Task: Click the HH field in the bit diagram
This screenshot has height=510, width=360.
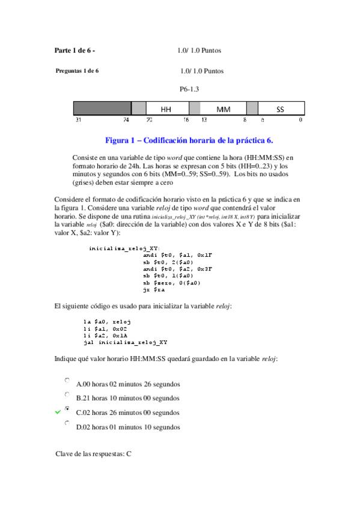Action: click(x=167, y=109)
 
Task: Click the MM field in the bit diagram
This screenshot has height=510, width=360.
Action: click(x=223, y=109)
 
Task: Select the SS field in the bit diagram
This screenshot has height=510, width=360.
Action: click(x=280, y=109)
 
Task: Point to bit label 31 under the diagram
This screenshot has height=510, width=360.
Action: click(x=78, y=120)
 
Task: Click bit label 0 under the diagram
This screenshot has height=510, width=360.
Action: click(x=301, y=120)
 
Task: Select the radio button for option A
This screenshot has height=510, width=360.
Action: click(x=67, y=381)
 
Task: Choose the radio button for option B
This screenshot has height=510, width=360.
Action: click(x=67, y=395)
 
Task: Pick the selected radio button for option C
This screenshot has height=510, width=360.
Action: click(x=67, y=409)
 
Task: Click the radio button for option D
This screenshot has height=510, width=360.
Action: click(x=67, y=423)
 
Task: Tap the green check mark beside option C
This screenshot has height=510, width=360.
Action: click(x=57, y=413)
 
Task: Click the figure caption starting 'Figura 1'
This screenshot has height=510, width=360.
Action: click(x=189, y=140)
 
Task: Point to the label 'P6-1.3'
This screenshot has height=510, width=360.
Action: click(x=189, y=89)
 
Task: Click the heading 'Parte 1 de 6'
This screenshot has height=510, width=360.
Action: click(x=75, y=51)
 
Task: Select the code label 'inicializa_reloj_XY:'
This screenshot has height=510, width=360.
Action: click(x=124, y=248)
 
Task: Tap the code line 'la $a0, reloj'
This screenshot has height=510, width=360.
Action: click(x=108, y=322)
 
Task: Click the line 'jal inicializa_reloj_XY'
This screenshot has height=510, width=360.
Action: click(x=126, y=342)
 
